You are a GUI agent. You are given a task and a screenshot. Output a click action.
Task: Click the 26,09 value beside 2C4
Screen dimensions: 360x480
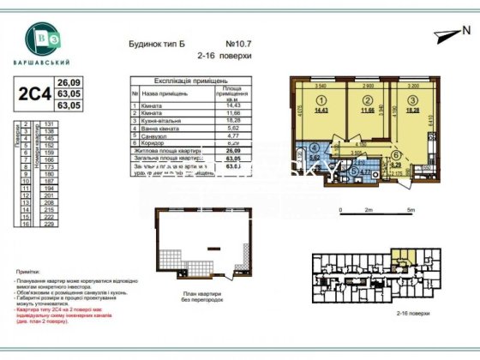(x=67, y=81)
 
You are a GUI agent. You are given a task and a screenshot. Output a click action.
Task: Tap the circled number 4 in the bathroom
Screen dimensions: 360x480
(x=315, y=147)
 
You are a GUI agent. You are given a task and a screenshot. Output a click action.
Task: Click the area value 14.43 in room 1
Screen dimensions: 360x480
(x=321, y=111)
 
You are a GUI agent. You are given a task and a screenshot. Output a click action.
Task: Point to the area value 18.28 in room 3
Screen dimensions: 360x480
(x=413, y=111)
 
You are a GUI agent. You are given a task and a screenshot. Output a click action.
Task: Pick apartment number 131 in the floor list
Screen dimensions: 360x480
(x=37, y=123)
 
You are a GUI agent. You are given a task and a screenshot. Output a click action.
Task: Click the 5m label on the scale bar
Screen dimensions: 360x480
(x=411, y=208)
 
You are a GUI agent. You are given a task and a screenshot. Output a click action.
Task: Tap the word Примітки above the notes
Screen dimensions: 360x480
(x=27, y=269)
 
